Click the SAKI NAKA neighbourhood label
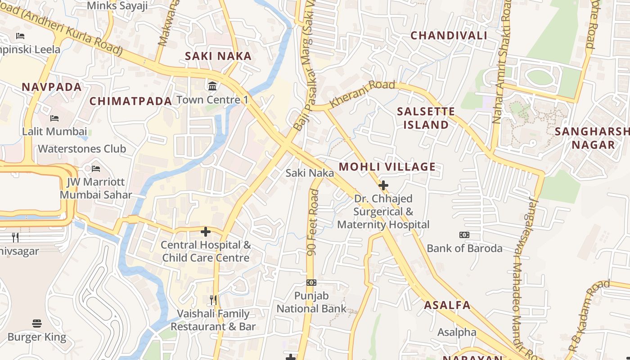click(x=218, y=56)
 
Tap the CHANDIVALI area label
click(x=449, y=36)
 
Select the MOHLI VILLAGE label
click(x=387, y=167)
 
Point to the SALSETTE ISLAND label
click(x=426, y=118)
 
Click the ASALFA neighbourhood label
click(x=447, y=305)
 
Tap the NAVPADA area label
click(x=52, y=87)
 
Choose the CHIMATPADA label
click(x=130, y=101)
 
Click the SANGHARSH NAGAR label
click(x=592, y=138)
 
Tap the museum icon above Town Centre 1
click(x=212, y=85)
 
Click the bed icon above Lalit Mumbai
click(x=54, y=118)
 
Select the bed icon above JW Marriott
click(x=96, y=169)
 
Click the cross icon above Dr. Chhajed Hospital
click(x=383, y=185)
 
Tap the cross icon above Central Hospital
click(x=206, y=232)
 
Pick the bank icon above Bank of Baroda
click(x=464, y=235)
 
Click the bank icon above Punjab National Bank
click(x=311, y=283)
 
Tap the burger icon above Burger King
click(x=37, y=324)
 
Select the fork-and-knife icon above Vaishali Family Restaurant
click(x=213, y=300)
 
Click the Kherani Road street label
click(x=362, y=93)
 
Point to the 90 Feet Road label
click(x=313, y=223)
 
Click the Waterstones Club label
click(x=82, y=149)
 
